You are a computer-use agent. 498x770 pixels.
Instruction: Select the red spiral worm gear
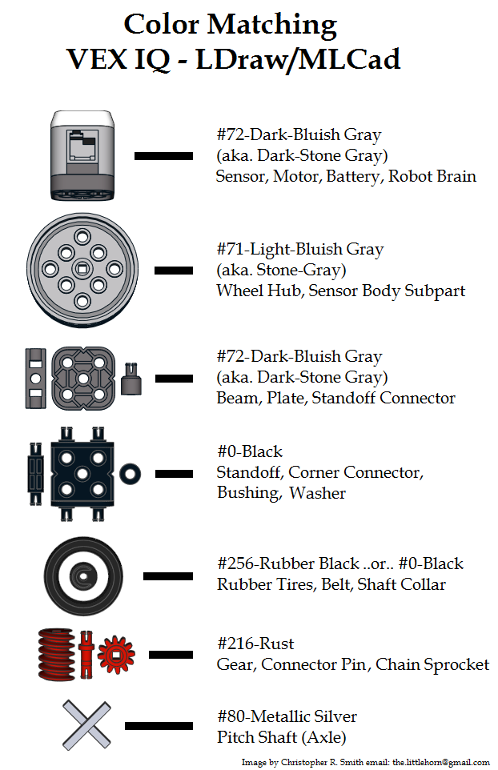56,655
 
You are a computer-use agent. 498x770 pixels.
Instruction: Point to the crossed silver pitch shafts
86,723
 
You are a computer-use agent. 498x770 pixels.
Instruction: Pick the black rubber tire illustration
82,575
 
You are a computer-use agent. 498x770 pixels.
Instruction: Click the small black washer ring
131,473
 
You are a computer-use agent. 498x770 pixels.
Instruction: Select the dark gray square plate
84,375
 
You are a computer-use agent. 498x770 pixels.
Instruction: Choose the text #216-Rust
255,644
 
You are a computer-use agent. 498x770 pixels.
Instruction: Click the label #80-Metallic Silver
287,716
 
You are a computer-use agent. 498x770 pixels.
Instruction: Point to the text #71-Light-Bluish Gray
300,250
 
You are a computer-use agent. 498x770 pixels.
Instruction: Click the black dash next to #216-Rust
171,654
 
